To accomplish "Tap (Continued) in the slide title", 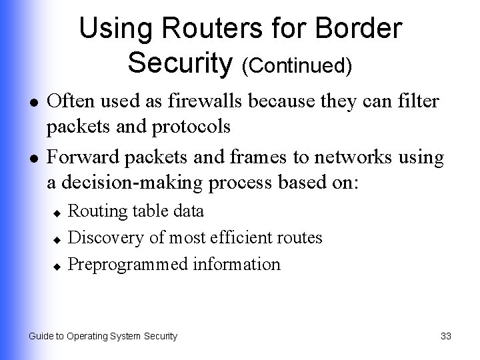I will (297, 65).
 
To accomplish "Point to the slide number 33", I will (446, 336).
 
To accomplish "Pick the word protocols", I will (197, 126).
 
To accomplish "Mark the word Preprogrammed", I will (129, 264).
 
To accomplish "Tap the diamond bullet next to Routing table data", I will (57, 213).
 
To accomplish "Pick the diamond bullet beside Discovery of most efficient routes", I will (57, 239).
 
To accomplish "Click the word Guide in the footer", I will (41, 336).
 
